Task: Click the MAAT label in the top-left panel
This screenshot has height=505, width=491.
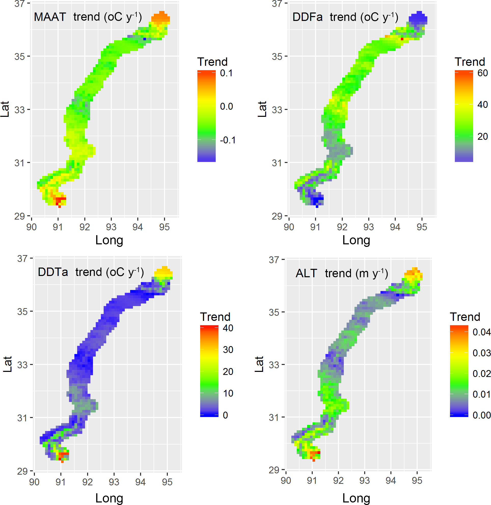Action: [x=50, y=17]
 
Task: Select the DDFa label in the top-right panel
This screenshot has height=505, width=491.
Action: [x=307, y=17]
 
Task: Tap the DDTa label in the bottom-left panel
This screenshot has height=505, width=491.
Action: [x=53, y=272]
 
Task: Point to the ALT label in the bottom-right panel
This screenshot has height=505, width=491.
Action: [x=306, y=274]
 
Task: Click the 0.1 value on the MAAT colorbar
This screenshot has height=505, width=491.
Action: [x=226, y=73]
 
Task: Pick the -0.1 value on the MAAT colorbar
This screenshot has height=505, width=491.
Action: [x=227, y=140]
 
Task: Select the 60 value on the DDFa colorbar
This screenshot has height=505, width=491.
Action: [x=483, y=73]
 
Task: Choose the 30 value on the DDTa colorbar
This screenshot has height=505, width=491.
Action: [x=228, y=350]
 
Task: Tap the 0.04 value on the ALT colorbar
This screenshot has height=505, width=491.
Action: [x=481, y=332]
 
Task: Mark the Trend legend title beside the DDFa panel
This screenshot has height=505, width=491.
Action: [x=470, y=62]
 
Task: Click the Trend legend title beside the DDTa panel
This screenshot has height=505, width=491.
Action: [x=215, y=317]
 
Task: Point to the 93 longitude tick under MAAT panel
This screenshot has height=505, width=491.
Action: [x=111, y=227]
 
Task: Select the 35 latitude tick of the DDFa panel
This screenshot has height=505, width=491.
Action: [x=277, y=57]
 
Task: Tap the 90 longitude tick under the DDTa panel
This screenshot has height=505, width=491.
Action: [x=34, y=482]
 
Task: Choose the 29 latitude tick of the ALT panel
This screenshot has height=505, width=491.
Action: [x=274, y=470]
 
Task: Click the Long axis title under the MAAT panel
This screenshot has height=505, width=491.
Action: [x=109, y=240]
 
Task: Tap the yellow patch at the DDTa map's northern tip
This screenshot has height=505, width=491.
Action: [x=163, y=272]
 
